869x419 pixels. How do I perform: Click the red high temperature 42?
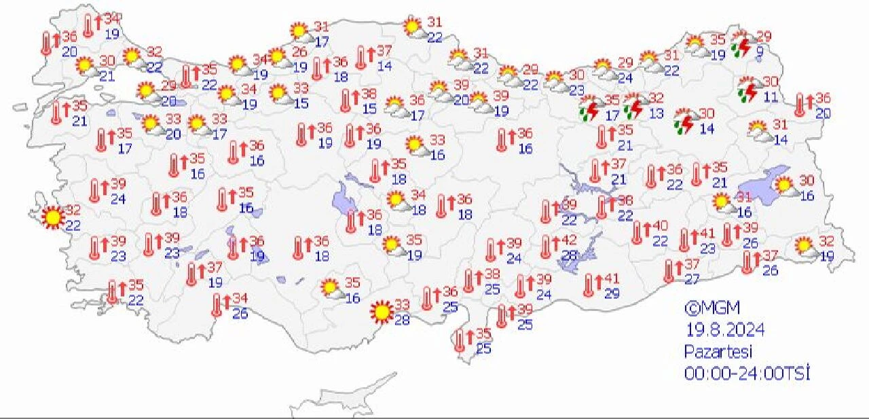coord(570,240)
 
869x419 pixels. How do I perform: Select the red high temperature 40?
coord(661,225)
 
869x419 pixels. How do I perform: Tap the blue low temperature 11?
coord(770,96)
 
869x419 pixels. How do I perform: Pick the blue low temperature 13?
coord(656,113)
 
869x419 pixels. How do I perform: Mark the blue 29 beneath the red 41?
coord(612,293)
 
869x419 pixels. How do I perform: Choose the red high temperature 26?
coord(299,52)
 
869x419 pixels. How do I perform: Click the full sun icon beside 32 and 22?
coord(52,217)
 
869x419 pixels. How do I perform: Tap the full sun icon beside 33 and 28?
coord(381,312)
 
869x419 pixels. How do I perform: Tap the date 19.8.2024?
coord(724,330)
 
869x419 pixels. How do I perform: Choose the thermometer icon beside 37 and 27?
coord(670,271)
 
